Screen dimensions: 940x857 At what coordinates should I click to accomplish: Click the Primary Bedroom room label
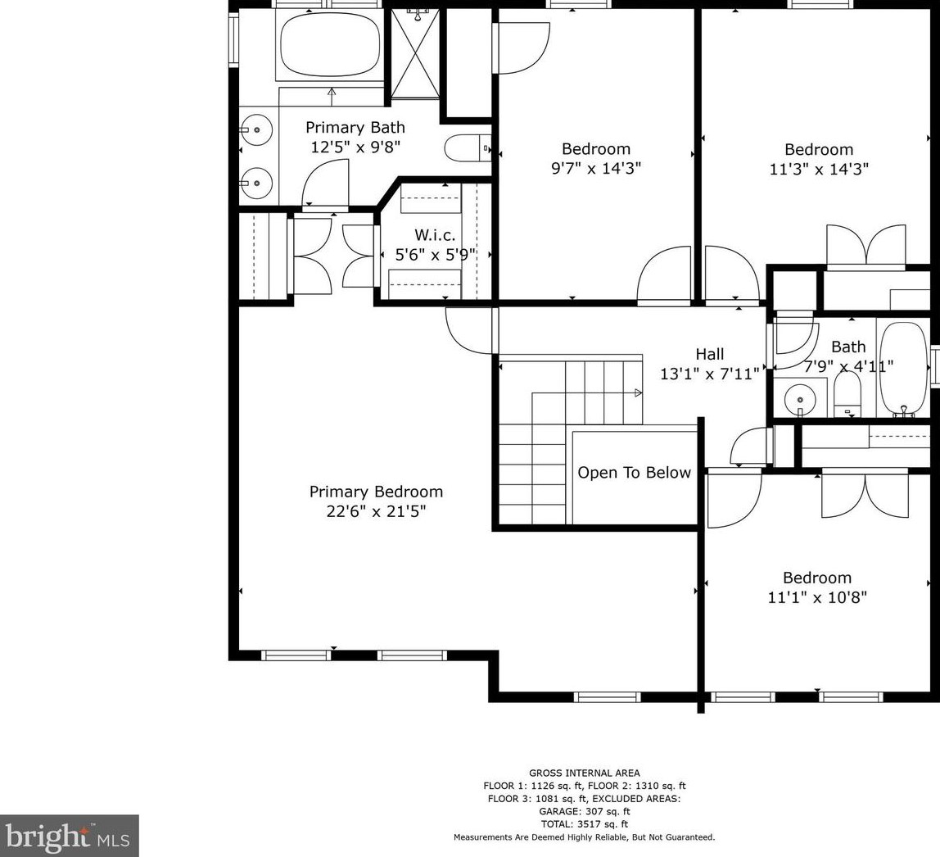point(376,492)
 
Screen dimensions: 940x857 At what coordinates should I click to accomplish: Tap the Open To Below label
point(635,473)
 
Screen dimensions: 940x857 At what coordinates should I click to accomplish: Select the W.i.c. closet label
point(435,235)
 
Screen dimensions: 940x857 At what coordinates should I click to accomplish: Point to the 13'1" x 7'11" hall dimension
point(710,374)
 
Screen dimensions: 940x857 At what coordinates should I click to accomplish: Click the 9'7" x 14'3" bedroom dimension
point(596,169)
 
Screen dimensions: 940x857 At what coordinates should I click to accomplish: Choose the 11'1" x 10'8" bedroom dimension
point(817,597)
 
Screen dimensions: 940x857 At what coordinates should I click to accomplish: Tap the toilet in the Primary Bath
point(468,147)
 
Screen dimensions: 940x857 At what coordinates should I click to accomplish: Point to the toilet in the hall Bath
point(847,395)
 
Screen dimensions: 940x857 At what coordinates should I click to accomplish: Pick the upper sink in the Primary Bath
point(256,129)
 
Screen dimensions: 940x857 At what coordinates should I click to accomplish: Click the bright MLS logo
point(69,836)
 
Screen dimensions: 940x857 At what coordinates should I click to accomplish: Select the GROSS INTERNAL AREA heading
point(585,773)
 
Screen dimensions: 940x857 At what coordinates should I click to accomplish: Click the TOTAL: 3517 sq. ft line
point(585,824)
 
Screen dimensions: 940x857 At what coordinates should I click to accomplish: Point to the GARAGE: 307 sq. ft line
point(585,811)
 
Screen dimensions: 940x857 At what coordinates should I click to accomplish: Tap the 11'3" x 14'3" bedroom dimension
point(819,169)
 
